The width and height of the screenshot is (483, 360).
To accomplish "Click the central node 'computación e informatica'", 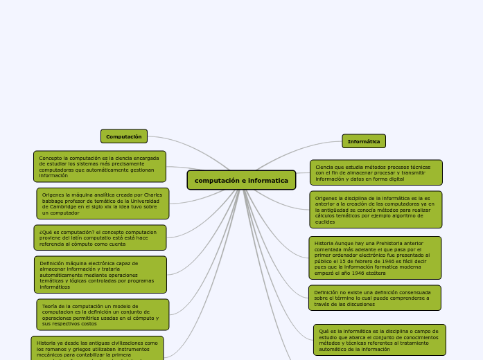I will (x=241, y=180).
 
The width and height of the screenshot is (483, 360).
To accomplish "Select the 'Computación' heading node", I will (x=124, y=136).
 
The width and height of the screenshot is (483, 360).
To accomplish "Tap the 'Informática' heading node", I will (x=364, y=141).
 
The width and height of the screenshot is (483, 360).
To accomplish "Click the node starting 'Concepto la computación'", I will (x=100, y=166).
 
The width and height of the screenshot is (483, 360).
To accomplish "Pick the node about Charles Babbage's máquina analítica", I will (x=103, y=204).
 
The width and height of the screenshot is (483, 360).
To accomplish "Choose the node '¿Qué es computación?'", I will (x=100, y=237).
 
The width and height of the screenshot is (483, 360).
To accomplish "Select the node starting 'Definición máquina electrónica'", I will (x=100, y=274).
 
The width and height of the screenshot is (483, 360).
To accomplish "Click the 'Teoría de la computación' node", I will (x=103, y=314).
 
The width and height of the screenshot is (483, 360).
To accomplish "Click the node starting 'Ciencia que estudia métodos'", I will (x=376, y=172).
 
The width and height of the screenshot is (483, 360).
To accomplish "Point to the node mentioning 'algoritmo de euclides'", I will (x=375, y=209).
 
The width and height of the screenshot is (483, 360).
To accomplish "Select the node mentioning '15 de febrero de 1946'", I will (x=375, y=258).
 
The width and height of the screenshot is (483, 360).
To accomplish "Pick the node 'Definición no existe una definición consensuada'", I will (x=375, y=298).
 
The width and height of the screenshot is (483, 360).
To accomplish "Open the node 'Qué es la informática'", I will (x=379, y=339).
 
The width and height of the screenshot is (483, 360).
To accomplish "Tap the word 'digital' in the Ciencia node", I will (x=396, y=178).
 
